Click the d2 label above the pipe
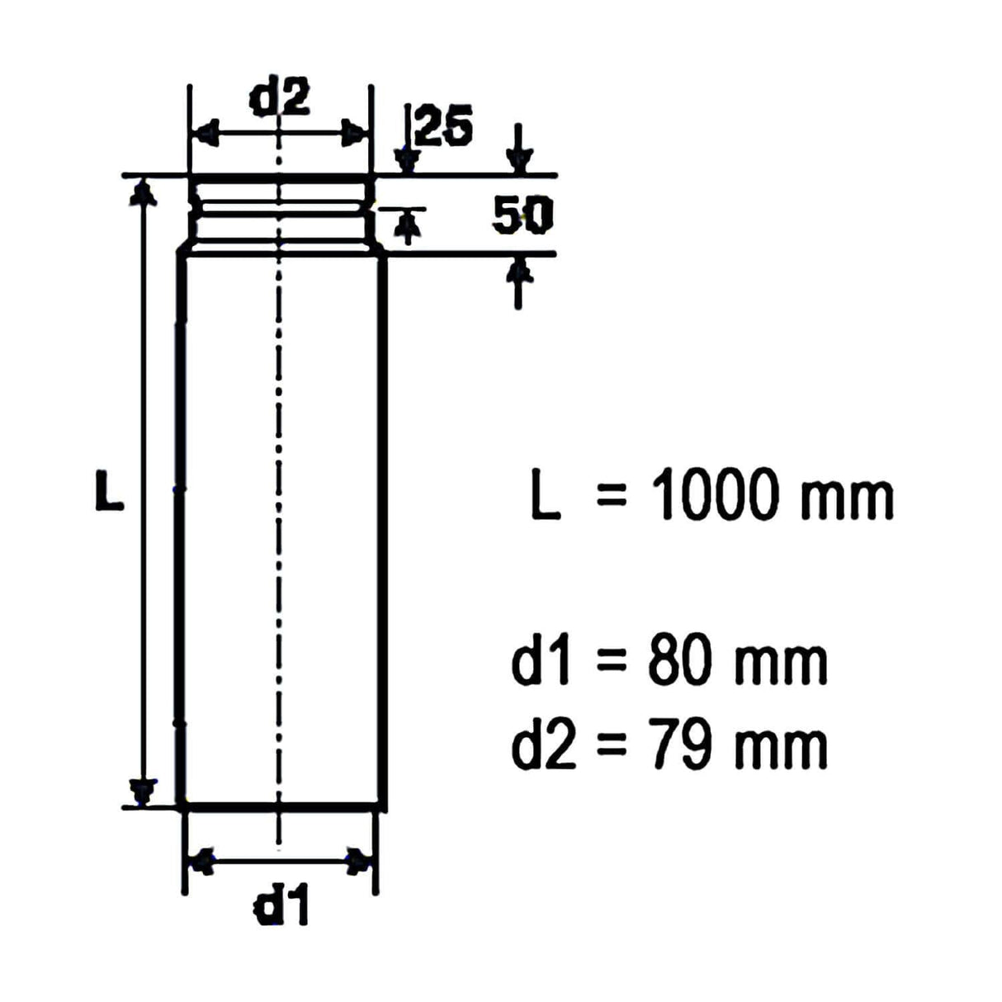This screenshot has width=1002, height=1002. pos(280,98)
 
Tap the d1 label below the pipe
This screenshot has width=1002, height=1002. pos(281,909)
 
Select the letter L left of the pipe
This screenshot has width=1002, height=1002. pos(108,490)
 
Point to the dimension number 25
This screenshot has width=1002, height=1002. pos(444,127)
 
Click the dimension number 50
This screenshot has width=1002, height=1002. pos(522,216)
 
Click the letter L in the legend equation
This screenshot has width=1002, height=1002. pos(545,495)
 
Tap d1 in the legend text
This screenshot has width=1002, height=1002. pos(541,662)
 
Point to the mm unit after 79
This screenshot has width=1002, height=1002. pos(781,747)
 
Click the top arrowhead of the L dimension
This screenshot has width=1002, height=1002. pos(144,191)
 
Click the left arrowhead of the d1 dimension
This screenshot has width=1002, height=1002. pos(201,861)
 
